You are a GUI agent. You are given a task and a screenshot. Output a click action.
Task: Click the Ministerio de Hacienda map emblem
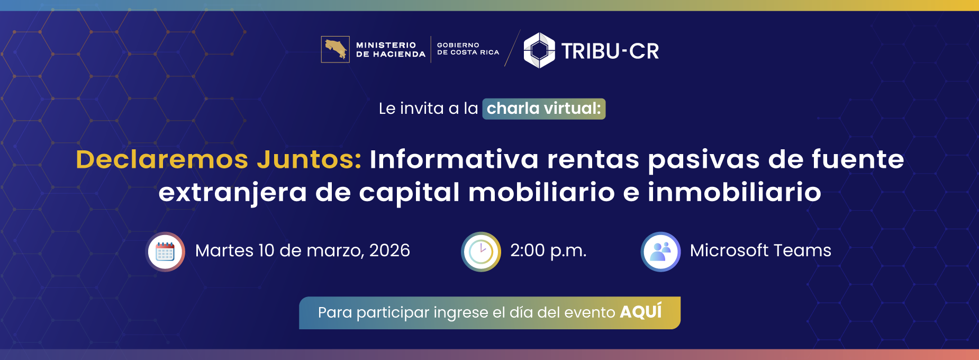tap(335, 49)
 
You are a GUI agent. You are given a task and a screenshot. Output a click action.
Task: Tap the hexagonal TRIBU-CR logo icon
tap(539, 50)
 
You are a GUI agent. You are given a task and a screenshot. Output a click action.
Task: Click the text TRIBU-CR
tap(610, 51)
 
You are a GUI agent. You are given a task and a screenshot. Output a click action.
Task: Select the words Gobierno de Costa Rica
tap(468, 49)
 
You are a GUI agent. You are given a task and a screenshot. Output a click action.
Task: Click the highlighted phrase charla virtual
tap(543, 109)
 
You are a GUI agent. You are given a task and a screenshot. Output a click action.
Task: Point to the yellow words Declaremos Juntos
tap(219, 159)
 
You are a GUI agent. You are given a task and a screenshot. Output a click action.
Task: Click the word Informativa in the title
tap(454, 159)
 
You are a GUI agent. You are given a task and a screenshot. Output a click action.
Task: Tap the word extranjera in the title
tap(232, 192)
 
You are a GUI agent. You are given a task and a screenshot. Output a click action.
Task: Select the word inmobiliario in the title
tap(734, 192)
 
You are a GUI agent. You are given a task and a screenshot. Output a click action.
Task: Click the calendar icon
tap(165, 251)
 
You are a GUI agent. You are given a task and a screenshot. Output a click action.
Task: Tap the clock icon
tap(481, 251)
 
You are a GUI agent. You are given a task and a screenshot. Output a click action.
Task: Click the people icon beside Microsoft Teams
tap(660, 251)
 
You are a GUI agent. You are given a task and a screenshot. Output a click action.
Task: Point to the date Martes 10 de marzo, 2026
tap(302, 250)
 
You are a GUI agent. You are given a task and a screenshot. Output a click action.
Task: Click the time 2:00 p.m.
tap(548, 250)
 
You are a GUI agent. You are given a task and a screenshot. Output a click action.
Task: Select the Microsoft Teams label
tap(760, 250)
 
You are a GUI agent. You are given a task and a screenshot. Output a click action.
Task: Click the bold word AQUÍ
tap(641, 312)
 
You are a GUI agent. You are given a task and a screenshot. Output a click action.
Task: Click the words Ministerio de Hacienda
tap(391, 49)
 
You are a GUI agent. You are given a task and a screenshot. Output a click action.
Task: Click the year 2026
tap(389, 250)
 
